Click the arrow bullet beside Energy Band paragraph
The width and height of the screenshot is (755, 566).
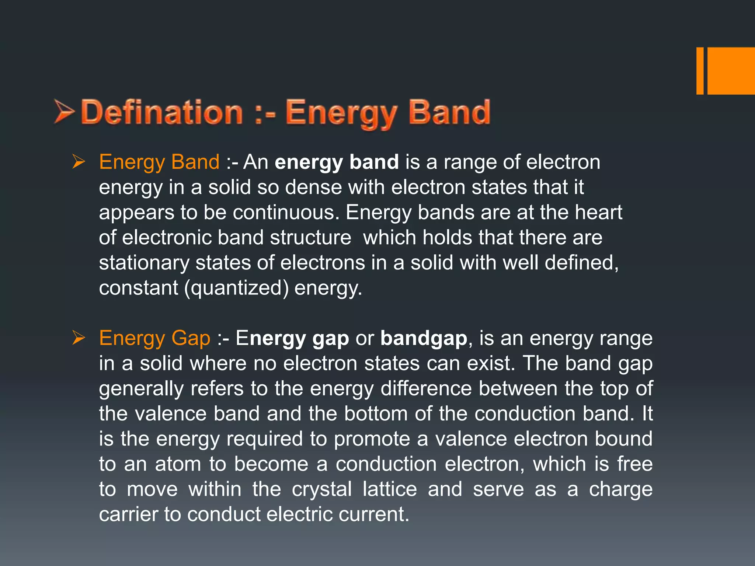(x=79, y=162)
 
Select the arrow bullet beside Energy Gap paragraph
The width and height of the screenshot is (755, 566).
(x=79, y=338)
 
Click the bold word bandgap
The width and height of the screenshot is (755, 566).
(x=424, y=338)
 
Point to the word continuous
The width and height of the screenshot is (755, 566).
(x=286, y=213)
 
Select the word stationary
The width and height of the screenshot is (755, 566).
(x=144, y=263)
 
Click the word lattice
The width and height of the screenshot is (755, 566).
(x=390, y=489)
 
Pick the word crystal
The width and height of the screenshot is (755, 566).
(x=322, y=489)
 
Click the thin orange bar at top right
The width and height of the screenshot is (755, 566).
(x=700, y=71)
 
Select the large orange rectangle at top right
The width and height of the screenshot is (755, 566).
(x=731, y=71)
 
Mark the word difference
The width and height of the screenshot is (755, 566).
(x=426, y=388)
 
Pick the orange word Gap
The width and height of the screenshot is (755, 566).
(x=191, y=338)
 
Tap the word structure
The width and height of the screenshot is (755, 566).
(x=310, y=238)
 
